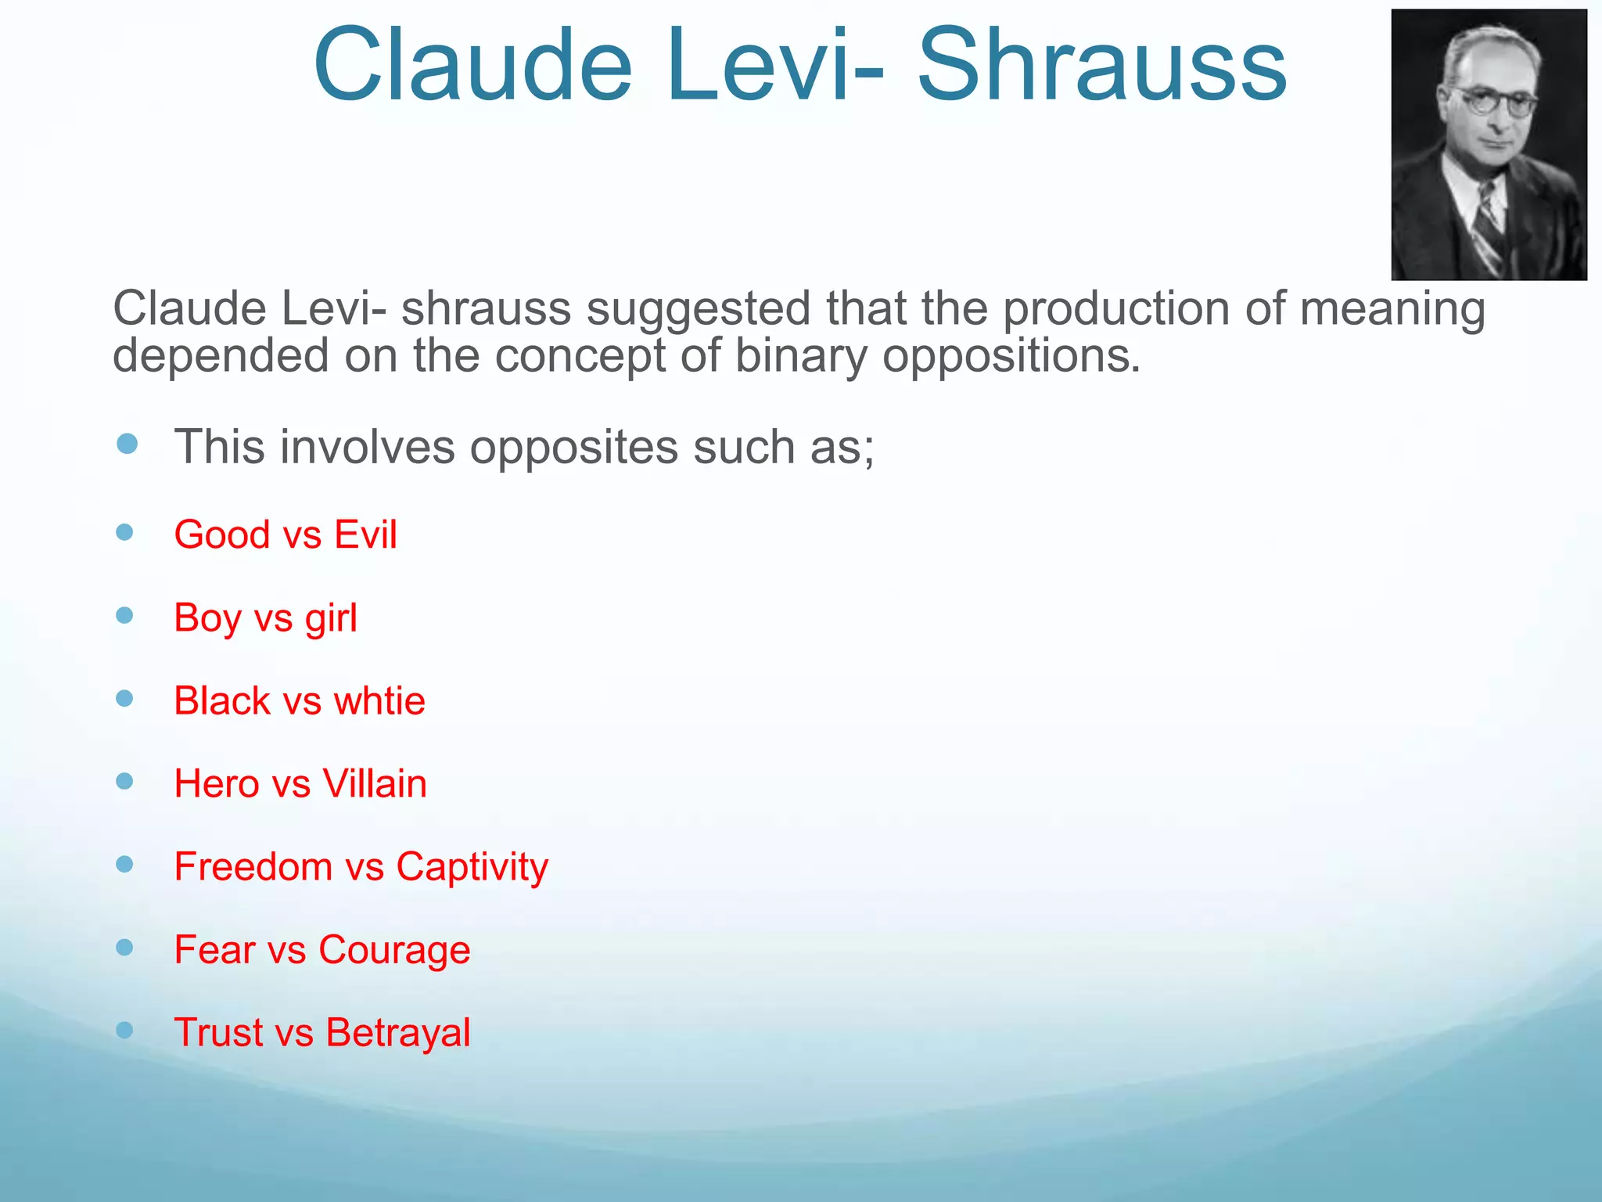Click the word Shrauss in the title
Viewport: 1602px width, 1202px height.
coord(1101,66)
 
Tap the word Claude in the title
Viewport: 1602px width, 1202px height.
coord(472,66)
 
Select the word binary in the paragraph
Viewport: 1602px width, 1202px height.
coord(801,357)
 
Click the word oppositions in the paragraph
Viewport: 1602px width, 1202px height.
coord(1011,357)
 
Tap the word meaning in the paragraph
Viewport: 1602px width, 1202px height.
coord(1392,310)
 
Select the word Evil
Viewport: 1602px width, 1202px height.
coord(365,535)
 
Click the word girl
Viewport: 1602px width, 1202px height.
coord(331,618)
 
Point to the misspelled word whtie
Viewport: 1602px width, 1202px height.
coord(379,701)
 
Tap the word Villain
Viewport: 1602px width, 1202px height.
coord(375,784)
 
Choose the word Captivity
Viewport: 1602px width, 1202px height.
coord(472,867)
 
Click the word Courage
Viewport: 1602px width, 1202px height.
coord(394,950)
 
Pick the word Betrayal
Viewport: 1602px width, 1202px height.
coord(398,1033)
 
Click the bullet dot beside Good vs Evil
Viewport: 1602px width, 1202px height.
coord(124,533)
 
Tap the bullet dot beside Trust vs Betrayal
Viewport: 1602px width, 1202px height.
coord(124,1030)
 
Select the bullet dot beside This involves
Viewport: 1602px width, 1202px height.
coord(127,444)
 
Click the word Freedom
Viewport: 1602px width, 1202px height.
coord(253,867)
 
